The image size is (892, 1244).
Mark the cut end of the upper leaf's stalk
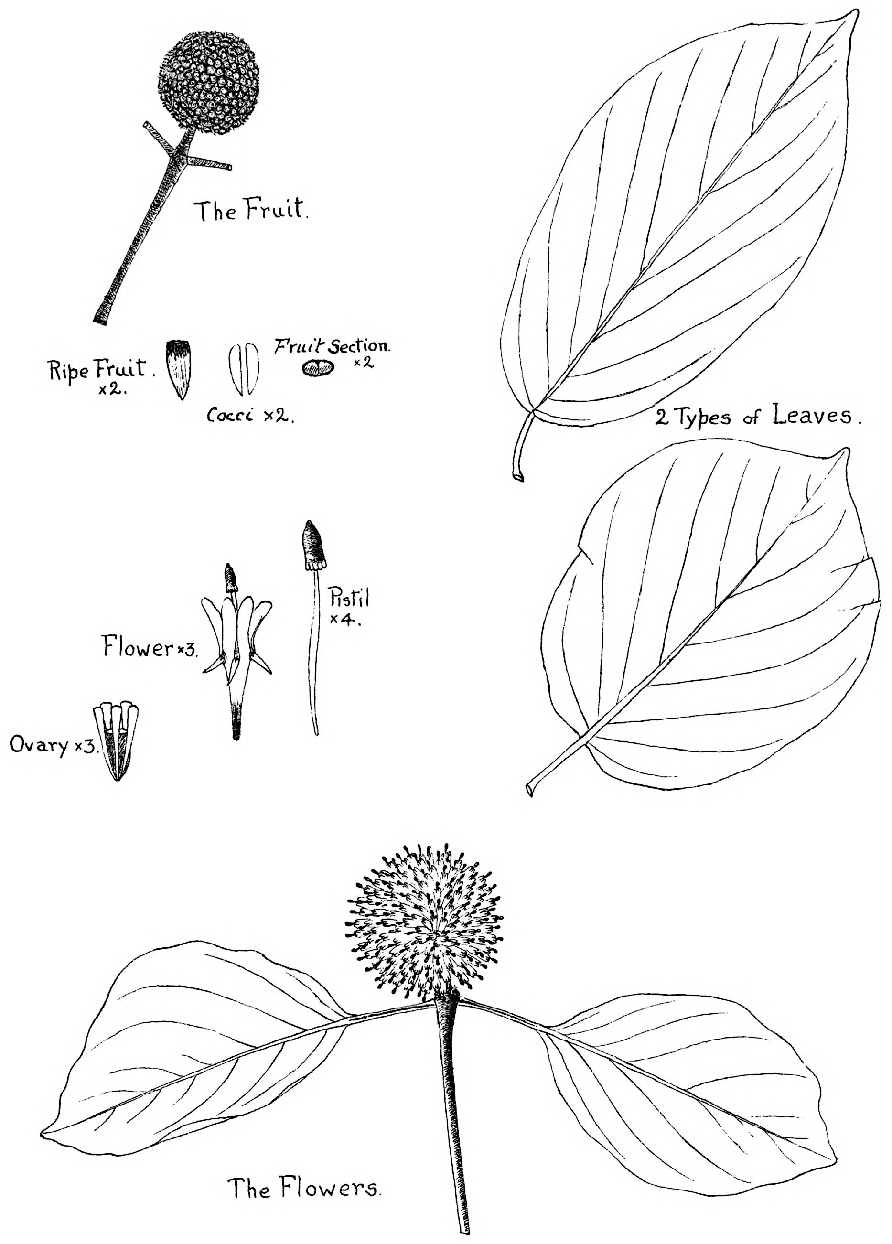pos(518,477)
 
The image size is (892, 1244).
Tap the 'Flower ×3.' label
pos(150,647)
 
